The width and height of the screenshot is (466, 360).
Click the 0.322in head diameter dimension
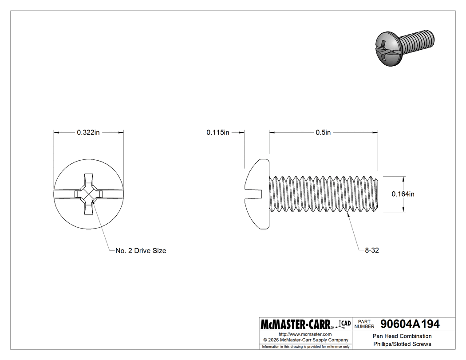coord(88,132)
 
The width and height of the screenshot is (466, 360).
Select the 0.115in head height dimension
coord(217,132)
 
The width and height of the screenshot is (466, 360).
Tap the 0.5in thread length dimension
coord(323,132)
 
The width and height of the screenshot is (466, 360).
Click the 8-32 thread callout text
coord(371,250)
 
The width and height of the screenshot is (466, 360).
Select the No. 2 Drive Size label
coord(141,250)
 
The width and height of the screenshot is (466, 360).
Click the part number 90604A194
coord(407,324)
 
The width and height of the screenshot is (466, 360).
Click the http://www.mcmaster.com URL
coord(305,334)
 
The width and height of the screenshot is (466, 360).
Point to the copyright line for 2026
coord(305,340)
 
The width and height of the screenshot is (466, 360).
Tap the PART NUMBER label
coord(364,324)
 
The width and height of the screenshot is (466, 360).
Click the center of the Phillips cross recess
coord(88,194)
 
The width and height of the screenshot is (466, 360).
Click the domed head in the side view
coord(257,194)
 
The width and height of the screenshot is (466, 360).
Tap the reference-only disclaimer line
coord(305,347)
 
